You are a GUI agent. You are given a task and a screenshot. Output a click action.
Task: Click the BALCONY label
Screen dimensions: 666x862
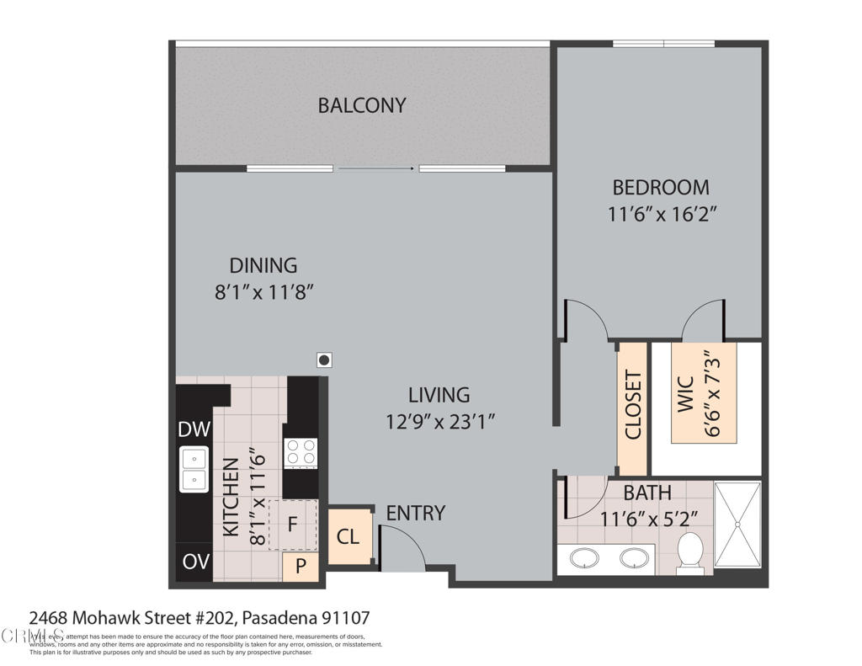362,105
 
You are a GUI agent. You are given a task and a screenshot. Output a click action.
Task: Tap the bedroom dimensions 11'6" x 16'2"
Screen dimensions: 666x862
661,214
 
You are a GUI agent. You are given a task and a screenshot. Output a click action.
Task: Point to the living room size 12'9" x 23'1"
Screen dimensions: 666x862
439,421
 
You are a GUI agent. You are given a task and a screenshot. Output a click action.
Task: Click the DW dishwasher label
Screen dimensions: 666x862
194,429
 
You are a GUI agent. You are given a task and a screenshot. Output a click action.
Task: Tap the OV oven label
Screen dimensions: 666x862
194,562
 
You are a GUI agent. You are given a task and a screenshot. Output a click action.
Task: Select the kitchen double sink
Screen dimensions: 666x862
194,469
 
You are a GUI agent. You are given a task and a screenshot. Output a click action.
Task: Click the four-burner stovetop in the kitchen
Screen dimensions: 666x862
301,453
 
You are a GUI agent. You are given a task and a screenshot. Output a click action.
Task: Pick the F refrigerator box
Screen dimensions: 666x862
292,524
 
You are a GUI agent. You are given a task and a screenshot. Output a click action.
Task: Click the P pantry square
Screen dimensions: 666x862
301,567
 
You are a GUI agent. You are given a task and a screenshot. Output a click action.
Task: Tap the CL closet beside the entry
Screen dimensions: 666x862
348,535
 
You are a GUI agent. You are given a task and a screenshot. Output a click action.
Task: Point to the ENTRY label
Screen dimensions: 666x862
415,513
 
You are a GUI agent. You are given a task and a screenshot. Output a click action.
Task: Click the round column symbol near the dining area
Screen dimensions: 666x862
324,360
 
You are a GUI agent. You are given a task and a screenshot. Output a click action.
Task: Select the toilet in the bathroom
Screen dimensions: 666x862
690,551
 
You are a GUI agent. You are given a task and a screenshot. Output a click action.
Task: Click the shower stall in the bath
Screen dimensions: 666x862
737,524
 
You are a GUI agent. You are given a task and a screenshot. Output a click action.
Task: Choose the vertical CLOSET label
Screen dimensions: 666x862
633,405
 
